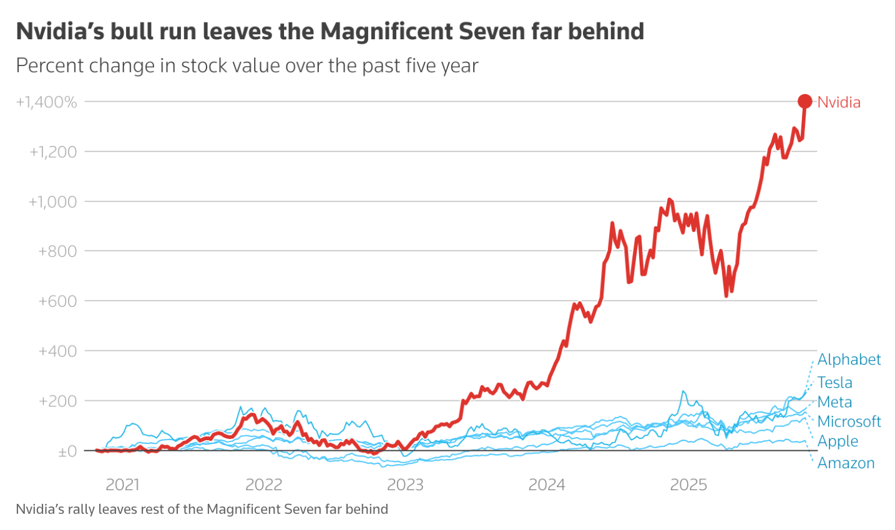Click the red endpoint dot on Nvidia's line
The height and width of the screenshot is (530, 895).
coord(805,102)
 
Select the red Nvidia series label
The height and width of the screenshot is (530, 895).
coord(839,102)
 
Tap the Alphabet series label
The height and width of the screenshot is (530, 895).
coord(849,360)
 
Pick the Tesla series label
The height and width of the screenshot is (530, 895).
coord(835,383)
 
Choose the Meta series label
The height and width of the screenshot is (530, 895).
coord(834,402)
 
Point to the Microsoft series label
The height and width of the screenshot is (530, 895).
coord(849,422)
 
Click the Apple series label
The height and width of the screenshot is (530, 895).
coord(838,441)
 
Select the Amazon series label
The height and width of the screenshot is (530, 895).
coord(846,463)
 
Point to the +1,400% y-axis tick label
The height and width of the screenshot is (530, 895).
coord(46,102)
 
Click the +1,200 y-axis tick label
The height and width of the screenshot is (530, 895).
coord(53,152)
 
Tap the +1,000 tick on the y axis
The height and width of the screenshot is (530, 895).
coord(53,202)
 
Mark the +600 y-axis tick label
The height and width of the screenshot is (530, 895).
coord(57,301)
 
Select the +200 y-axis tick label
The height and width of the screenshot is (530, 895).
coord(57,401)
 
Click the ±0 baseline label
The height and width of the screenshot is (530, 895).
coord(67,451)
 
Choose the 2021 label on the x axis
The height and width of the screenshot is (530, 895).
coord(122,485)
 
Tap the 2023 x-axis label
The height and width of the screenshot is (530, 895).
coord(405,485)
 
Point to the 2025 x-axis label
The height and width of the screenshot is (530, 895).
coord(688,485)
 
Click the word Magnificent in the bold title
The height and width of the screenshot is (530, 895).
coord(387,32)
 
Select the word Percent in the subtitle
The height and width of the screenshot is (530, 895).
coord(51,65)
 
